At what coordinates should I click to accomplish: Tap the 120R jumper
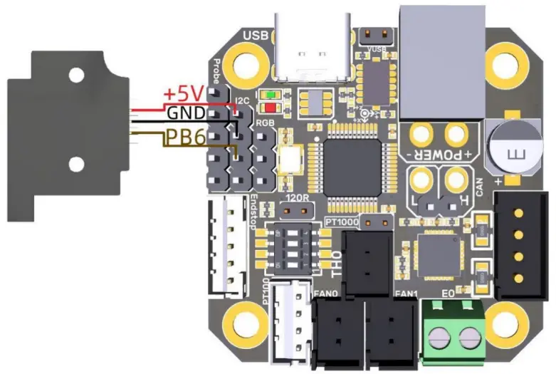click(296, 210)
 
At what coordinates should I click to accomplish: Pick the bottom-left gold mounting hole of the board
click(245, 319)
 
